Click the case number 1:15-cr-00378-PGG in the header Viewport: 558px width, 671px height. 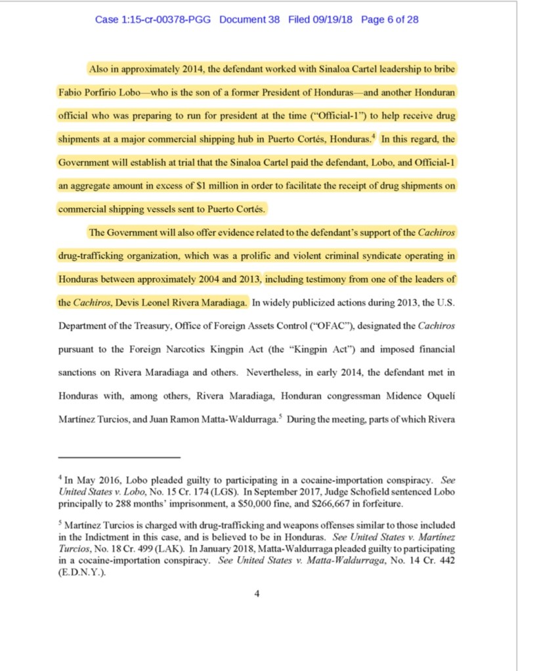pos(153,20)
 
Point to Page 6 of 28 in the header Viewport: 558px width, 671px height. pos(390,20)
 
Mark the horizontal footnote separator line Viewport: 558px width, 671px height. pos(119,457)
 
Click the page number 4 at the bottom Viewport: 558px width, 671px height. pos(257,594)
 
